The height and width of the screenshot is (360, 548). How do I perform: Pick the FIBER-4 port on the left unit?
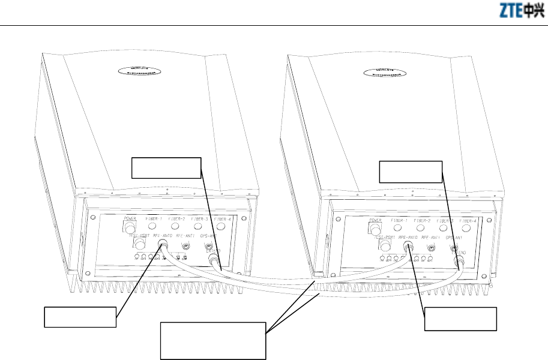click(x=220, y=227)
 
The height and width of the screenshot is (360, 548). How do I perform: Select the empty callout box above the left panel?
click(x=166, y=168)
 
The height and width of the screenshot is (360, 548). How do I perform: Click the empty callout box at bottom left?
click(x=80, y=317)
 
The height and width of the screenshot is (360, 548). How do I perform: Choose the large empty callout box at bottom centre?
click(x=214, y=340)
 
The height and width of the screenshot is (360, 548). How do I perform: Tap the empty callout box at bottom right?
click(x=461, y=319)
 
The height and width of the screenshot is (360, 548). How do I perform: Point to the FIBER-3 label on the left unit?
click(x=197, y=218)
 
